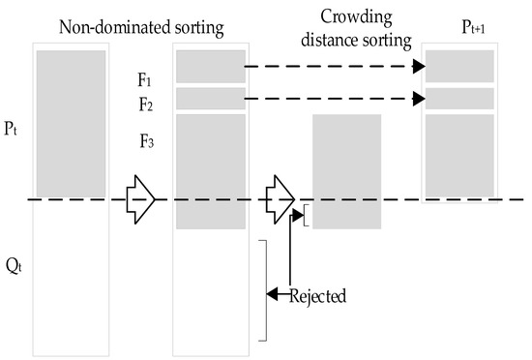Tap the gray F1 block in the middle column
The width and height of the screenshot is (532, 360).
(211, 67)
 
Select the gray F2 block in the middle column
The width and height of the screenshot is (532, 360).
(211, 99)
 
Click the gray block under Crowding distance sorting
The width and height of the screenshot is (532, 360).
(346, 171)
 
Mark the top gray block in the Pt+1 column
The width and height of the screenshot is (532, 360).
(459, 67)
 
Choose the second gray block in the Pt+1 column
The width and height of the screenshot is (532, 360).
(459, 99)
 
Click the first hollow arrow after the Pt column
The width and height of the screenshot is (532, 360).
(140, 198)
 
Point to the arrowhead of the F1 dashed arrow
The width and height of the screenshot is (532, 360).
(420, 67)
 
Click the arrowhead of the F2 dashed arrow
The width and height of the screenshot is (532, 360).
(420, 99)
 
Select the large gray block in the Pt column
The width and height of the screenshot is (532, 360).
(71, 123)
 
